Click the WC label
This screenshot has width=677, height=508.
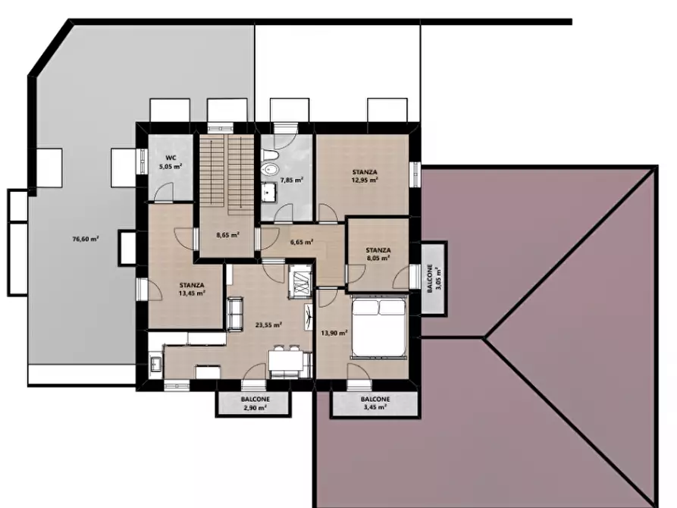(171, 158)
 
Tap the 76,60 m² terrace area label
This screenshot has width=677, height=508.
(86, 238)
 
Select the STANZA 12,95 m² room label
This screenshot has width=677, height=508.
(365, 176)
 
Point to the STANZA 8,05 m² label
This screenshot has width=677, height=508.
(378, 254)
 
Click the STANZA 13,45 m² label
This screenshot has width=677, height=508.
(192, 289)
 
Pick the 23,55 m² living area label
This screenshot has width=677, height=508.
(268, 325)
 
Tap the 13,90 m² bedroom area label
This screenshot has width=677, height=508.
(334, 333)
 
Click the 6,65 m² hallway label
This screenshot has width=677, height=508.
(302, 242)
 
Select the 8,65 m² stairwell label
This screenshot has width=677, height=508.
(228, 235)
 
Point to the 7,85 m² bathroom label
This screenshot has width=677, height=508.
(292, 180)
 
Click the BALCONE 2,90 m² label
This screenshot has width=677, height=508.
(255, 403)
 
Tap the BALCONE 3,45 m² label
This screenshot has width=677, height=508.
(375, 403)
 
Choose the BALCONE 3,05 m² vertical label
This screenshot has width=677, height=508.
(434, 278)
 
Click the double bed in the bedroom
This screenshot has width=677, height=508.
(379, 328)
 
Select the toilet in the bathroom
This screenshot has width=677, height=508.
(268, 163)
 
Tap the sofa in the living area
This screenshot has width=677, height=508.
(235, 314)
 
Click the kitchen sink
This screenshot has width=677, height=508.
(155, 363)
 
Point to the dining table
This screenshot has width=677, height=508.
(286, 361)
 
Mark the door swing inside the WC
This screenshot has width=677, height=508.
(164, 193)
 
